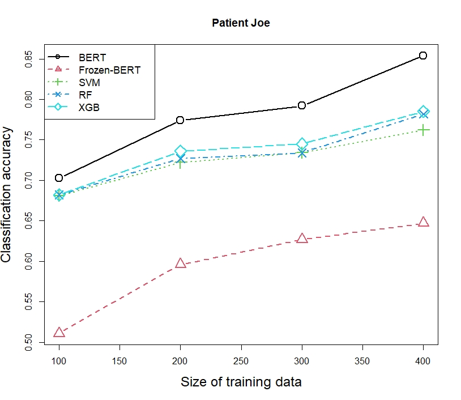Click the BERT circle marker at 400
point(422,56)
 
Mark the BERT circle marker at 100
point(59,178)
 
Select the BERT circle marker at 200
point(180,120)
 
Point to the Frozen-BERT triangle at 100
point(59,333)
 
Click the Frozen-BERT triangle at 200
point(180,263)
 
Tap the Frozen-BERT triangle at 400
point(422,222)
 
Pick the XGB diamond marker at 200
point(180,151)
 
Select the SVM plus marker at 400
point(422,131)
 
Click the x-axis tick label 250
point(241,361)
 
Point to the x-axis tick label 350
point(362,361)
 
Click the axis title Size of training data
point(241,382)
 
